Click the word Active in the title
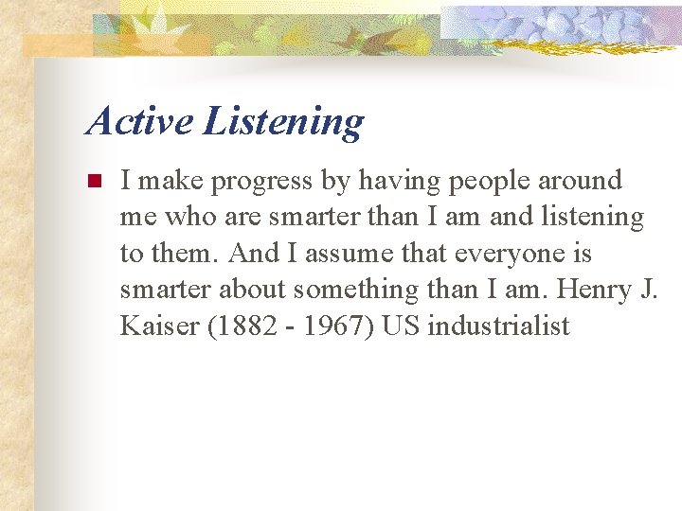140,121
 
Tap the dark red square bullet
93,181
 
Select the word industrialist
498,326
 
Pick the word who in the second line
190,218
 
